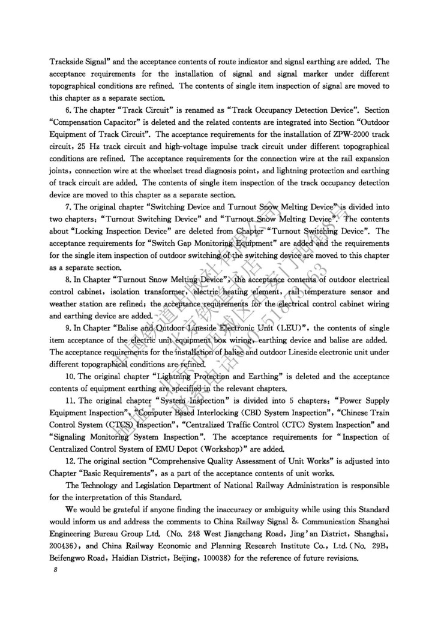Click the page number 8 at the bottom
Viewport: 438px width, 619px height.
click(53, 570)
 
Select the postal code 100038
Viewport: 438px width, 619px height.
click(220, 558)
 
